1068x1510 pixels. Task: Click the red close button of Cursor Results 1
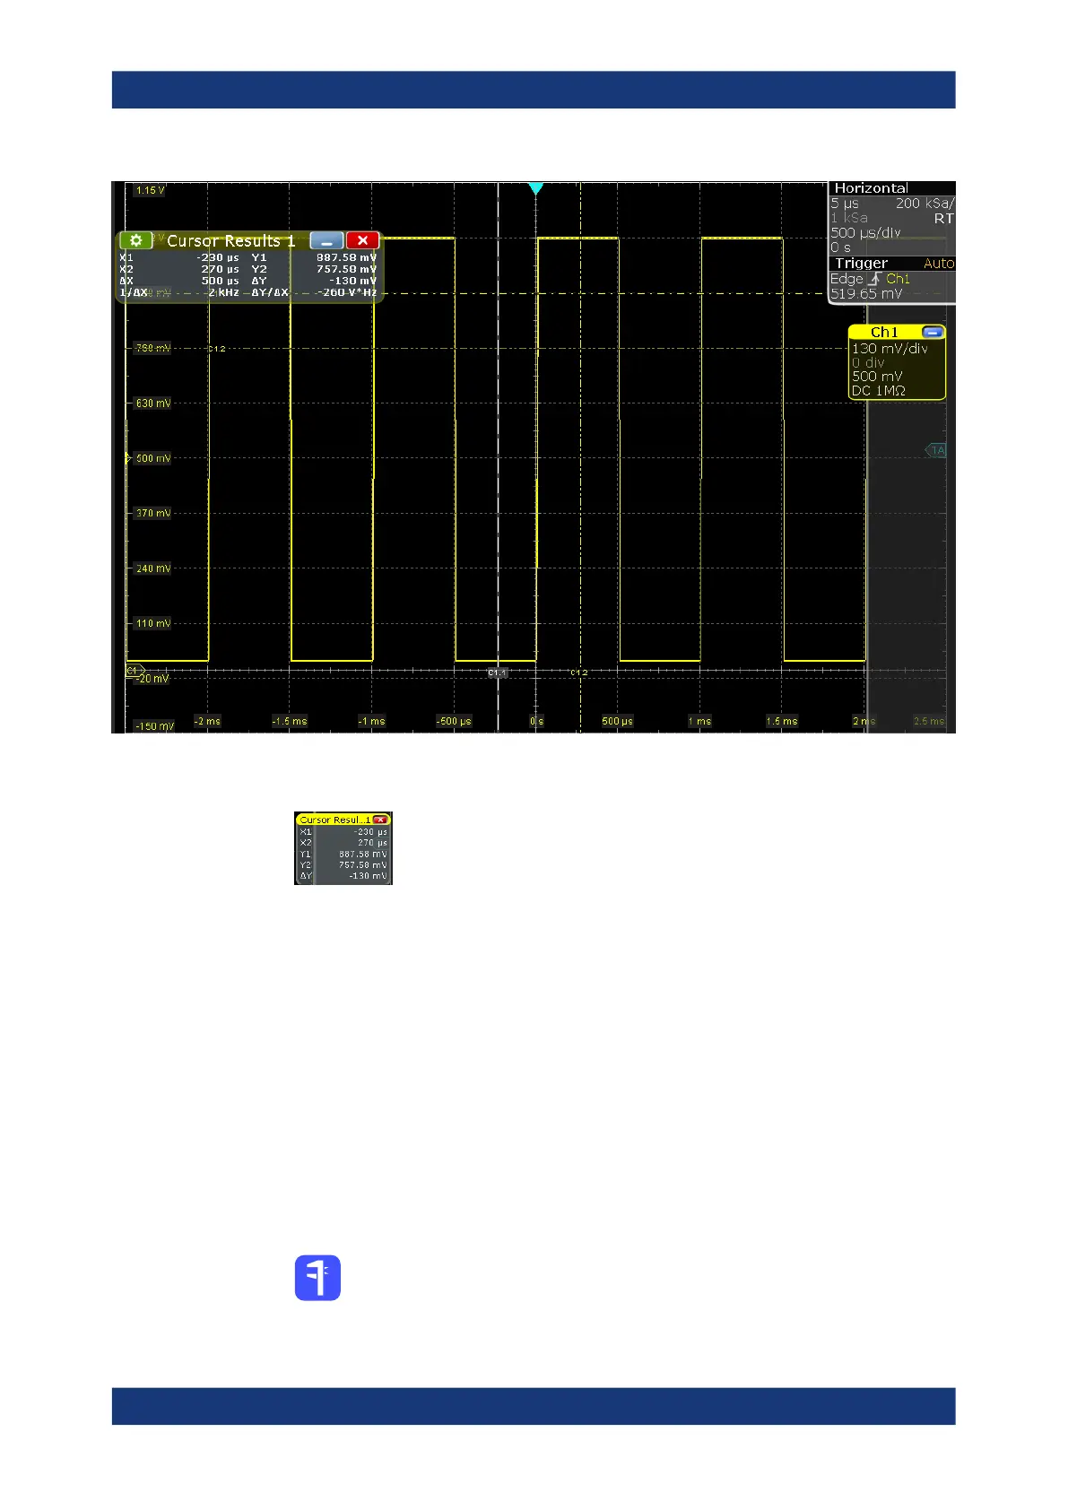pyautogui.click(x=362, y=240)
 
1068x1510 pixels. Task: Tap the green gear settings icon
pyautogui.click(x=135, y=240)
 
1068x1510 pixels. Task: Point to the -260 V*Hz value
pyautogui.click(x=346, y=292)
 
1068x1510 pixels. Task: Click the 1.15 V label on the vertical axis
pyautogui.click(x=149, y=190)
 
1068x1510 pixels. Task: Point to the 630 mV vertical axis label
pyautogui.click(x=152, y=404)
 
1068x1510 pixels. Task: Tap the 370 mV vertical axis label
pyautogui.click(x=152, y=513)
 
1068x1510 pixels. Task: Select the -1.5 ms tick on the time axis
pyautogui.click(x=289, y=721)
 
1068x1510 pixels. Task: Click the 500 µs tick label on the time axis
pyautogui.click(x=617, y=721)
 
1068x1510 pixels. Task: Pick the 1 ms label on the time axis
pyautogui.click(x=699, y=721)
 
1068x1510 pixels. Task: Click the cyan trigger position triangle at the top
pyautogui.click(x=535, y=188)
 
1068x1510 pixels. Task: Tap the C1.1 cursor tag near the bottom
pyautogui.click(x=497, y=672)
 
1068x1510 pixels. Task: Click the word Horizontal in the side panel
pyautogui.click(x=871, y=188)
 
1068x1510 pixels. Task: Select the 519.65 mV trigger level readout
pyautogui.click(x=866, y=293)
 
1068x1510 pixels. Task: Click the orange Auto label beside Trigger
pyautogui.click(x=938, y=264)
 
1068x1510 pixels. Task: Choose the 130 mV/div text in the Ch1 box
pyautogui.click(x=890, y=348)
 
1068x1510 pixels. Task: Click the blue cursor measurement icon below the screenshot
pyautogui.click(x=317, y=1277)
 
